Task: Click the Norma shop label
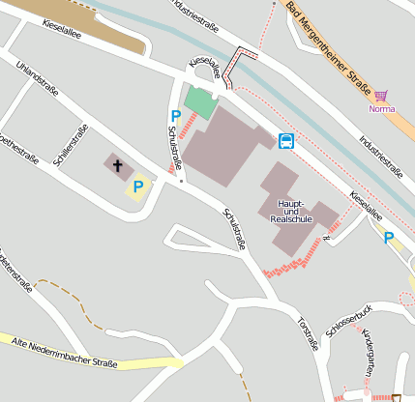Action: [382, 108]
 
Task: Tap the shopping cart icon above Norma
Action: [381, 96]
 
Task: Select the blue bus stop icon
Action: [286, 141]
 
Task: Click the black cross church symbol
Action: [118, 165]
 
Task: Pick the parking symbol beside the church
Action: [137, 186]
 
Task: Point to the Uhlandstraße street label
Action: [36, 79]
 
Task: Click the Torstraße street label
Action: [308, 332]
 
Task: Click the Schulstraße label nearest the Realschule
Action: [233, 229]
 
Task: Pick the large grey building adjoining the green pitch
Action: [221, 145]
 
